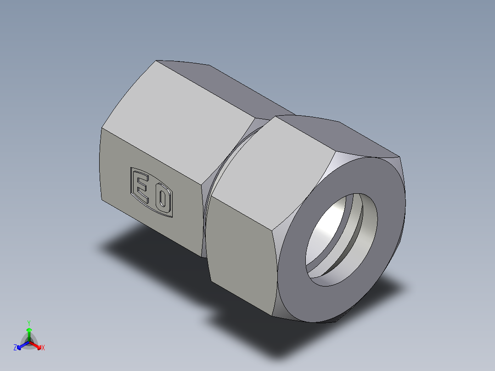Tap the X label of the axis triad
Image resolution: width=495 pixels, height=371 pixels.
(x=43, y=348)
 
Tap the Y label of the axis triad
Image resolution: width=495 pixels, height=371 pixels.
(x=28, y=323)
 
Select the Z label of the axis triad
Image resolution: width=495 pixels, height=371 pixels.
(x=15, y=348)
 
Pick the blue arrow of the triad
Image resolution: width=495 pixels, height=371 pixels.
(x=21, y=346)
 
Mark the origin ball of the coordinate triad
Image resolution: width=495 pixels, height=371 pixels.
(x=29, y=342)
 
